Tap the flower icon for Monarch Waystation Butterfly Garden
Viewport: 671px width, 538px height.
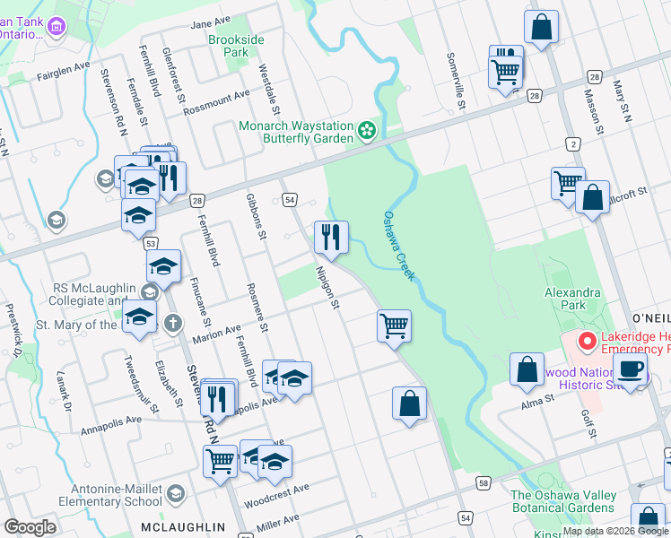[366, 132]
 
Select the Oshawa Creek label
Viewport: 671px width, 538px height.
[399, 246]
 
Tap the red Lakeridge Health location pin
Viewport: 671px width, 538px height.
[587, 342]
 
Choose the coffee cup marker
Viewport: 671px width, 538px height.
[632, 369]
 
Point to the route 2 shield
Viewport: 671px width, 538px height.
[572, 143]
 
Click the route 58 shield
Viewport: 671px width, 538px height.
[484, 483]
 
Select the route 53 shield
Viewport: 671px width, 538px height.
[151, 244]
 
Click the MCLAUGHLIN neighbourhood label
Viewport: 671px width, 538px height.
[183, 526]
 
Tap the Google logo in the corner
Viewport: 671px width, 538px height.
[30, 527]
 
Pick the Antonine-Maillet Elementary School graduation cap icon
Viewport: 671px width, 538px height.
[177, 493]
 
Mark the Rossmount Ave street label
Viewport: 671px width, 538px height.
[216, 102]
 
